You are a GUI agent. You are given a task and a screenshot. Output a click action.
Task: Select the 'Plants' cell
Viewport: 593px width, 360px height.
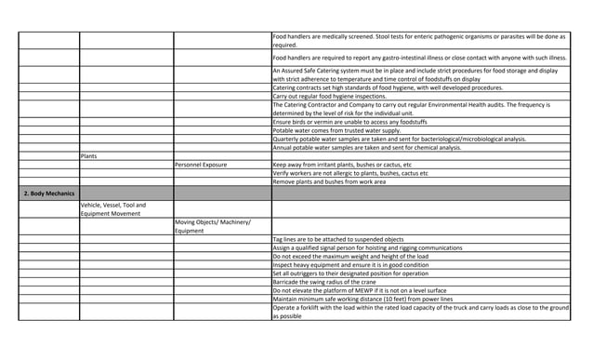(x=91, y=155)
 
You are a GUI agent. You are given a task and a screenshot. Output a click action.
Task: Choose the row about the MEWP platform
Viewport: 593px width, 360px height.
(x=362, y=290)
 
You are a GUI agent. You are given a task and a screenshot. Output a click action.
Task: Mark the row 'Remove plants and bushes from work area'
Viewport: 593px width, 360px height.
(x=334, y=181)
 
